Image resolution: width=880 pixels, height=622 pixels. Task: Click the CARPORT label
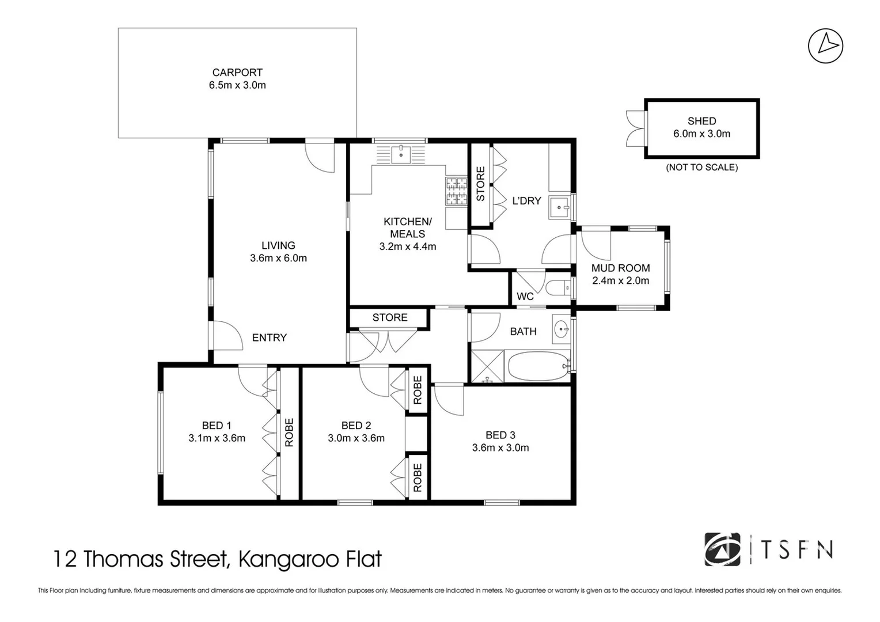[x=237, y=73]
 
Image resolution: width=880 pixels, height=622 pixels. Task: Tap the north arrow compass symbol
[x=825, y=46]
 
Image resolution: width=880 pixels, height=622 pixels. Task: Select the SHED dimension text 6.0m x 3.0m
[x=701, y=134]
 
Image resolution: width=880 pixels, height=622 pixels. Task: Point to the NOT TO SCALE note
[x=701, y=168]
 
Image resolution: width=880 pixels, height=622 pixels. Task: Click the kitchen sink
[x=401, y=154]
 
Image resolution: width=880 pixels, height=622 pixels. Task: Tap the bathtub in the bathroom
[x=538, y=366]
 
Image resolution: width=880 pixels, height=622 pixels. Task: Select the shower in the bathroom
[x=488, y=366]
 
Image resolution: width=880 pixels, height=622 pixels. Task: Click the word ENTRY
[x=269, y=338]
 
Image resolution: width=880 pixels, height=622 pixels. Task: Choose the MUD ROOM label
[x=620, y=268]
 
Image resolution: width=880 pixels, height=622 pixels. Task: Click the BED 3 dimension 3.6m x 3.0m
[x=500, y=447]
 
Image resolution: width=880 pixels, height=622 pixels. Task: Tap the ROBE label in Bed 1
[x=289, y=433]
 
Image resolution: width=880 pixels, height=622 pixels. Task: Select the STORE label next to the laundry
[x=480, y=184]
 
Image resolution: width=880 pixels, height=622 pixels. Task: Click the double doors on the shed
[x=635, y=128]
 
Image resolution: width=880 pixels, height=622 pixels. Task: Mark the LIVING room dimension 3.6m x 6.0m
[x=278, y=259]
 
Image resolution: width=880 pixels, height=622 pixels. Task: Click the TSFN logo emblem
[x=722, y=549]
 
